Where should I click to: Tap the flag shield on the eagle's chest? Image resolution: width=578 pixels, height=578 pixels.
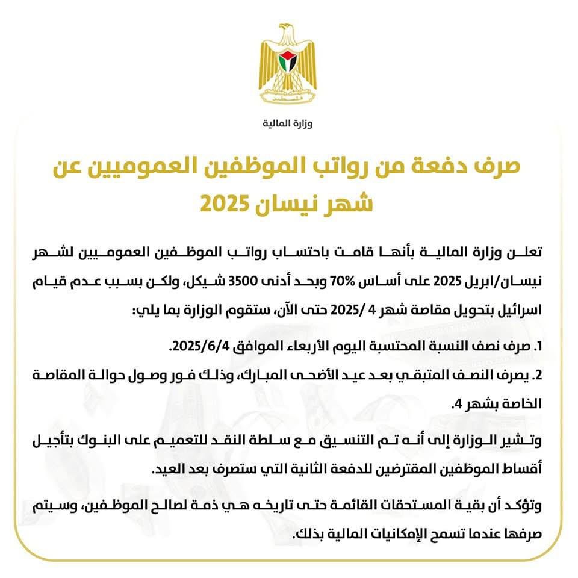288,60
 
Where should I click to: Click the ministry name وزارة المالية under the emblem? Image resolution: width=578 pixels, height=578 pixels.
288,124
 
